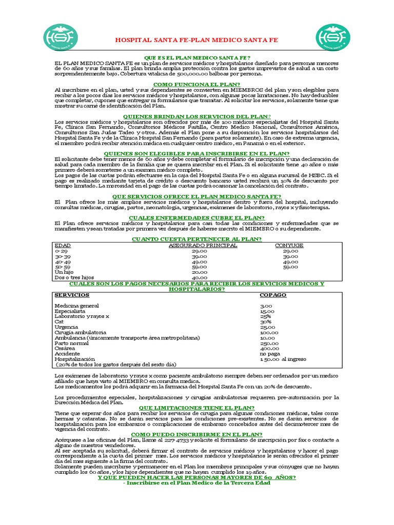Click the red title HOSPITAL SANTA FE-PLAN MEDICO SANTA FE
(x=196, y=39)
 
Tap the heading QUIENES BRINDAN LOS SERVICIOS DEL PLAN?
(x=196, y=116)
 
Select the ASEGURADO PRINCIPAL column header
(x=203, y=246)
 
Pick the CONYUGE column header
(x=289, y=246)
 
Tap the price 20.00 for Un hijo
(x=199, y=272)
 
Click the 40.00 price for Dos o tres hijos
(x=199, y=277)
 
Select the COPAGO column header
(x=273, y=295)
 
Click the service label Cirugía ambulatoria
(x=80, y=332)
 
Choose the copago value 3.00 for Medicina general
(x=266, y=306)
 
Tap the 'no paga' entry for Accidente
(x=270, y=354)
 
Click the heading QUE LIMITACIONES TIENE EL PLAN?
(x=196, y=407)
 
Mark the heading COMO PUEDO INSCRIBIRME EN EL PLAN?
(x=196, y=434)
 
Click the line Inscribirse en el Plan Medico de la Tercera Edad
(x=196, y=483)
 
